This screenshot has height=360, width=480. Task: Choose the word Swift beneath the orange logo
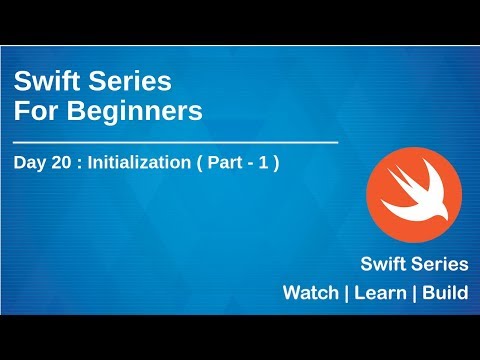[x=386, y=265]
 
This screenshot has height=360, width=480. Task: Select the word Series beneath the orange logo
[x=441, y=265]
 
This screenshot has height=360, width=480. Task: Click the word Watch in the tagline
[x=310, y=295]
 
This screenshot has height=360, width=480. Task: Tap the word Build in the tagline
[x=448, y=295]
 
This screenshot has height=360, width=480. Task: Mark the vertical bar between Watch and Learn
[x=346, y=295]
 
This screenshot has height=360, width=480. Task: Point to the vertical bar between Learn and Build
[x=418, y=295]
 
